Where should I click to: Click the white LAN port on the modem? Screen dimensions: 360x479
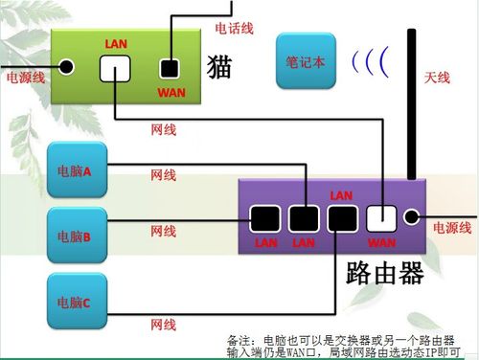tap(114, 67)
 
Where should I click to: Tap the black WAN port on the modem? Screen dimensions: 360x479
tap(170, 68)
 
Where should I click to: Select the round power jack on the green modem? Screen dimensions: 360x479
tap(66, 67)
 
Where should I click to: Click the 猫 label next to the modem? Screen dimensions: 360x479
tap(219, 66)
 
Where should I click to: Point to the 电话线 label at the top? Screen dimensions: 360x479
tap(234, 29)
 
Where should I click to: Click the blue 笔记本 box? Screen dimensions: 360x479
tap(305, 59)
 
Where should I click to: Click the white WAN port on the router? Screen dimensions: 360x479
tap(381, 219)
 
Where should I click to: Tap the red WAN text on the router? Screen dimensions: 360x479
tap(381, 242)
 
